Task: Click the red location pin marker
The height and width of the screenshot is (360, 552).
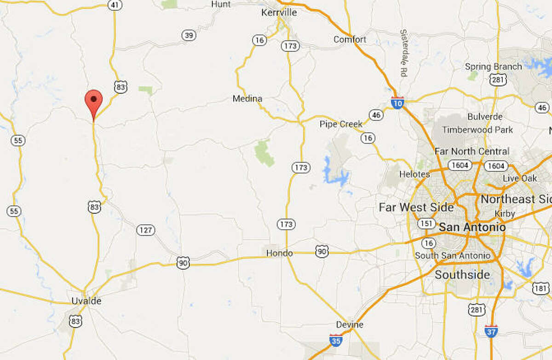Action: click(93, 100)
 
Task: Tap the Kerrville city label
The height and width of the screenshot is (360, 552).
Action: click(279, 13)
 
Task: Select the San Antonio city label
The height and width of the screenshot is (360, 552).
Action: click(472, 227)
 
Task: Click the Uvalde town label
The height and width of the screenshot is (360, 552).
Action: click(86, 301)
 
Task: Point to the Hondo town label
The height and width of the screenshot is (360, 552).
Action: click(279, 254)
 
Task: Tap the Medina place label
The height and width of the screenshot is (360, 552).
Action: click(247, 99)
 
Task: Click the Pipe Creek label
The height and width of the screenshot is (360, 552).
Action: click(341, 124)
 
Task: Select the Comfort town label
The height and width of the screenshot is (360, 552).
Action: click(350, 40)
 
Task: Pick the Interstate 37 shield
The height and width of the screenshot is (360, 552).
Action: click(491, 331)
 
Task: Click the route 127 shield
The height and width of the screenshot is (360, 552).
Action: click(146, 230)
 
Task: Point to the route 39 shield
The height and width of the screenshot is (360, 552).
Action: click(188, 35)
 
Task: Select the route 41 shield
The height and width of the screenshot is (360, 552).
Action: click(114, 5)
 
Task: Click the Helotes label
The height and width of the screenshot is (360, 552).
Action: click(414, 174)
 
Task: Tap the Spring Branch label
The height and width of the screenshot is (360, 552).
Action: click(493, 67)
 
